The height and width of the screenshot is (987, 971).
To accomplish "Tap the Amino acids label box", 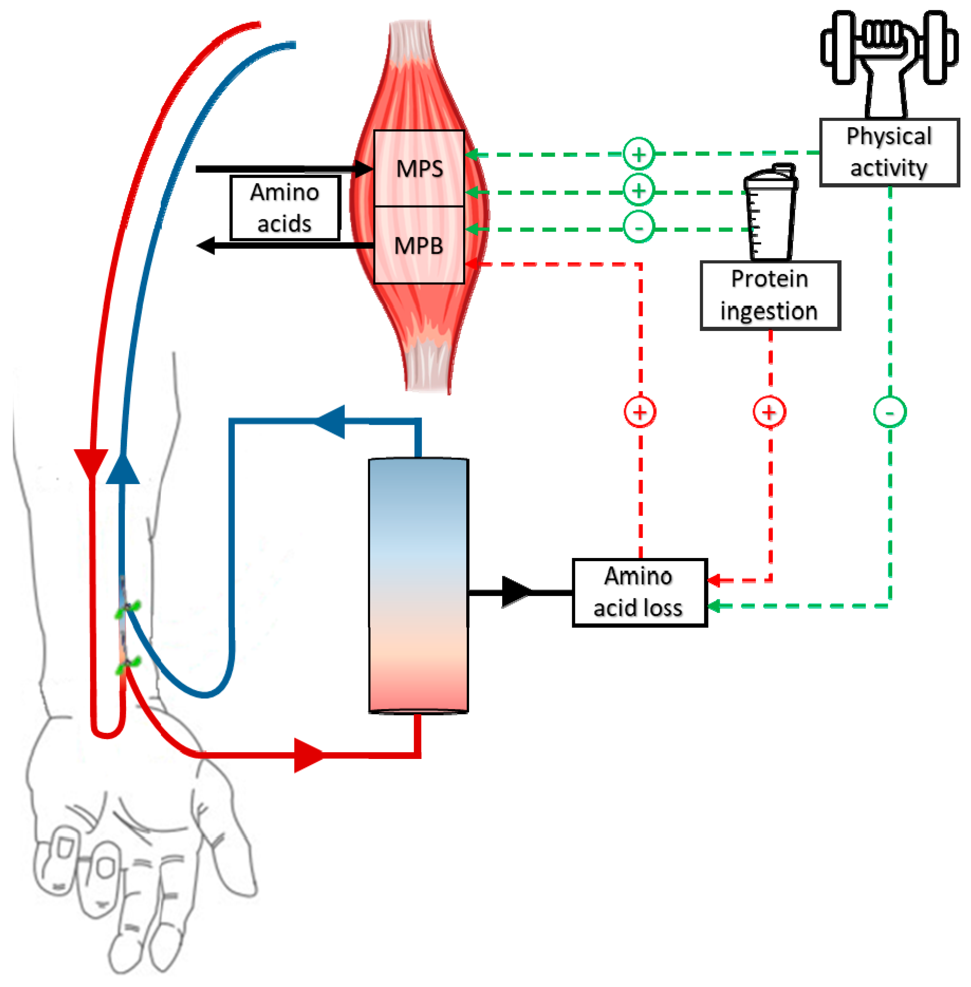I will click(x=285, y=208).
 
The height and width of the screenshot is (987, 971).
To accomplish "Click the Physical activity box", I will click(x=889, y=152).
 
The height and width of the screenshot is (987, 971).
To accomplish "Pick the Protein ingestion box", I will click(x=770, y=295).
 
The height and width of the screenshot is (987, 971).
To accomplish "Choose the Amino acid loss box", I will click(x=639, y=592).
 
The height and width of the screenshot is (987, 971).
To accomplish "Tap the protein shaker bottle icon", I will click(x=770, y=211).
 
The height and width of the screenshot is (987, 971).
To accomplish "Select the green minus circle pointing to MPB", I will click(x=638, y=227).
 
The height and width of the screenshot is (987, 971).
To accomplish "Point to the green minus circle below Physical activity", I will click(x=890, y=412).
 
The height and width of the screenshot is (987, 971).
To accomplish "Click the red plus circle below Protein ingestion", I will click(x=769, y=412).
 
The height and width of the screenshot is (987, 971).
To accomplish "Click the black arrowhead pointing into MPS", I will click(x=363, y=168).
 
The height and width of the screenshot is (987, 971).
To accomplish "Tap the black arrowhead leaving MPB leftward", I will click(x=206, y=246).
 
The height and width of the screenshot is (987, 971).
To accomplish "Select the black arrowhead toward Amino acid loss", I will click(x=515, y=592).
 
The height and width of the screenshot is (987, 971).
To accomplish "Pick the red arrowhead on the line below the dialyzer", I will click(x=308, y=755).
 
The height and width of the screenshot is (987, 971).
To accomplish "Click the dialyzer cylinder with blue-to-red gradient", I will click(x=418, y=585).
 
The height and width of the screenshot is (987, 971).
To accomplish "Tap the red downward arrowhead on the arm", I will click(x=91, y=463).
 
